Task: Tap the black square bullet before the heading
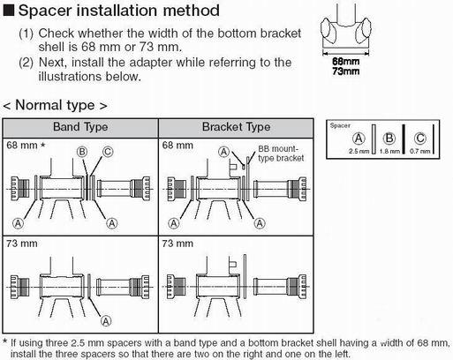click(10, 12)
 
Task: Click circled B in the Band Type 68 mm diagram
click(81, 152)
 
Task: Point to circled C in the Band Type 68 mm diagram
click(108, 152)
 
